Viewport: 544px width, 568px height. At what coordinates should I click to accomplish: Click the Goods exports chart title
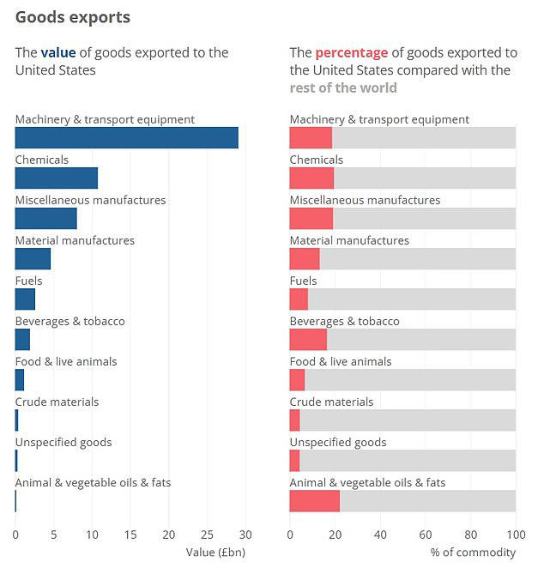click(x=73, y=17)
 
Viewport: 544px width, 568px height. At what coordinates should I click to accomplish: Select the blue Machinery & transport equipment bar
click(x=126, y=137)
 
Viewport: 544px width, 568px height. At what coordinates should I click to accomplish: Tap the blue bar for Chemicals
click(x=57, y=178)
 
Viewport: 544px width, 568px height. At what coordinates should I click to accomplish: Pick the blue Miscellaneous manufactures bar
click(x=46, y=218)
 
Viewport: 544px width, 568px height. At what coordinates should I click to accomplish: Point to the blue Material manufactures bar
click(x=33, y=258)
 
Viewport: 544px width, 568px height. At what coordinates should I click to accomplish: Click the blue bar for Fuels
click(x=25, y=299)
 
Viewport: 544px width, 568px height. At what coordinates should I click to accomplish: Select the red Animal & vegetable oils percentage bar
click(x=314, y=501)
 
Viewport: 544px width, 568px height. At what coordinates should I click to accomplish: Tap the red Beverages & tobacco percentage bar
click(x=308, y=339)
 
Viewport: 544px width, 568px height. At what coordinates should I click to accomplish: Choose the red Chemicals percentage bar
click(x=311, y=178)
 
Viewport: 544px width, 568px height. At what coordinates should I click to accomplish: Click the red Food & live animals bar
click(x=297, y=379)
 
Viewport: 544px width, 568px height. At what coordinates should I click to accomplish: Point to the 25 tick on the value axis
click(x=207, y=535)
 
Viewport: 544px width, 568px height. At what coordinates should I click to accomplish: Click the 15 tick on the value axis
click(x=130, y=535)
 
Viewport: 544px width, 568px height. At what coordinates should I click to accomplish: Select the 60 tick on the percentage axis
click(x=426, y=535)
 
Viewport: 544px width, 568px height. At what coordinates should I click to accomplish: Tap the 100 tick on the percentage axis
click(x=515, y=535)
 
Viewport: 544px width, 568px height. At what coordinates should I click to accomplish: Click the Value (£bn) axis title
click(x=215, y=552)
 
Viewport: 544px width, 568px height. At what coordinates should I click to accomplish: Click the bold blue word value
click(x=58, y=52)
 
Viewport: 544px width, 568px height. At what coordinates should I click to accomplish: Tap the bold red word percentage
click(x=351, y=52)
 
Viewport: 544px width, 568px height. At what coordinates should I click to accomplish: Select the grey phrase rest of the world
click(x=343, y=88)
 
